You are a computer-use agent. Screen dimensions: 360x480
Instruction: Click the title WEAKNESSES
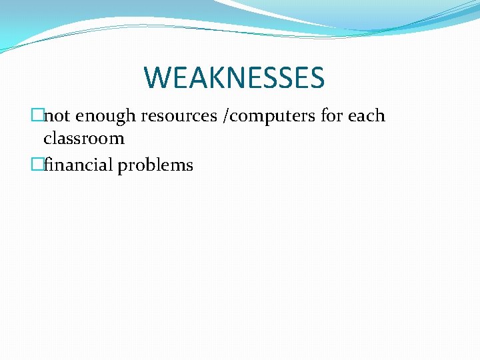point(234,77)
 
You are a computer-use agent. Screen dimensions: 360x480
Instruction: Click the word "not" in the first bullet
point(57,116)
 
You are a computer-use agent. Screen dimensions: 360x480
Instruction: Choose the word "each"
point(366,116)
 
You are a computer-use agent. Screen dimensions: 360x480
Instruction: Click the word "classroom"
point(84,139)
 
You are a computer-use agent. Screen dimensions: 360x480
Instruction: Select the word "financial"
point(79,165)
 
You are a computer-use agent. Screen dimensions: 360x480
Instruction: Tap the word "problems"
point(155,165)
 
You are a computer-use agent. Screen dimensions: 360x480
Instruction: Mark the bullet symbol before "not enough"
point(37,116)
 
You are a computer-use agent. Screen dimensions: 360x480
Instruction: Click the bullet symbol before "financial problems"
point(37,165)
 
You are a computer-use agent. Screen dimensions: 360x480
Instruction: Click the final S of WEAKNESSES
point(315,77)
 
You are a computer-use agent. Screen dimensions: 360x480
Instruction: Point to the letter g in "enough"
point(122,117)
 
